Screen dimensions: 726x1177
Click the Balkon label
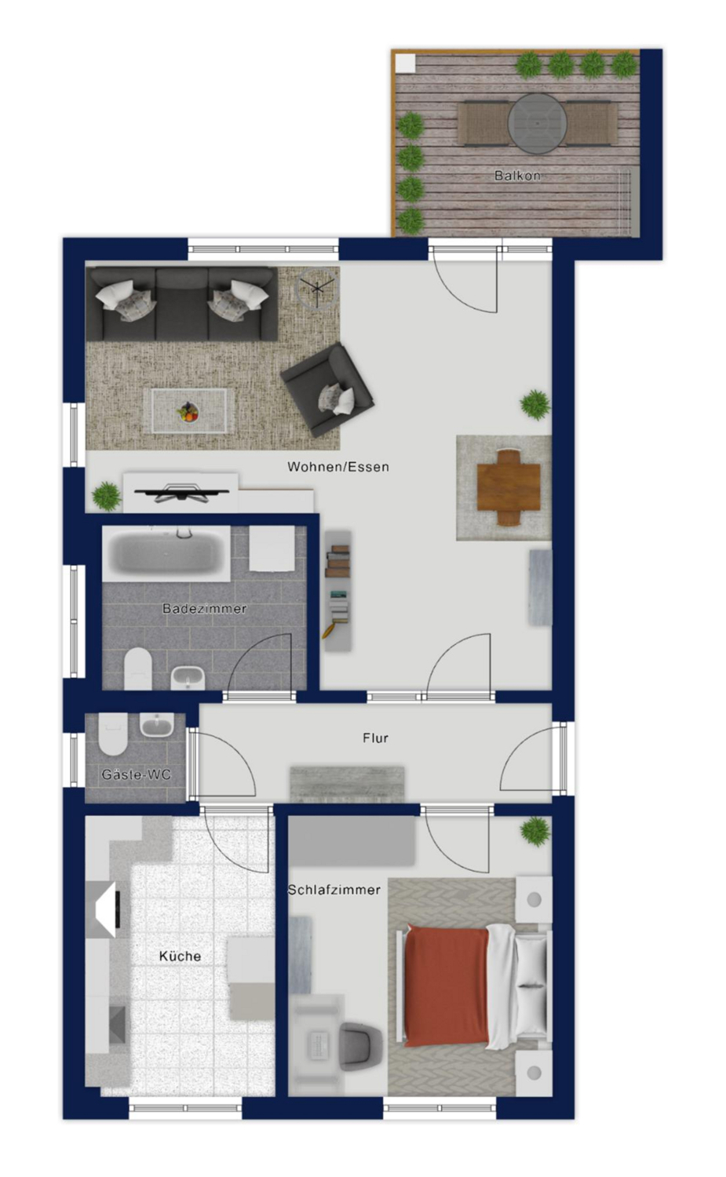coord(517,176)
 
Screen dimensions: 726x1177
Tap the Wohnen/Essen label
coord(338,467)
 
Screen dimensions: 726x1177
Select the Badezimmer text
coord(205,608)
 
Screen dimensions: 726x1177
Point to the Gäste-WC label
coord(136,774)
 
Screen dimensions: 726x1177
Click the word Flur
coord(375,738)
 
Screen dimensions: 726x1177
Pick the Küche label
coord(180,956)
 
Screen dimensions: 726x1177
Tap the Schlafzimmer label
coord(334,890)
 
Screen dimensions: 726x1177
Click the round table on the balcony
coord(537,123)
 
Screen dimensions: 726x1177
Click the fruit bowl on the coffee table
coord(188,411)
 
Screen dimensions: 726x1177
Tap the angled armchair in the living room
coord(327,389)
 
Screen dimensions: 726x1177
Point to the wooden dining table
coord(509,487)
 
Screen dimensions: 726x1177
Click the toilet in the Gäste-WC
coord(113,734)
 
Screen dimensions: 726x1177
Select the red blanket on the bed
coord(446,986)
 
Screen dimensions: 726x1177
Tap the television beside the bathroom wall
coord(181,492)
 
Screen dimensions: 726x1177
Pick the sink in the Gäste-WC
coord(157,725)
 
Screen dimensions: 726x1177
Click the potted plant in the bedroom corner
coord(535,831)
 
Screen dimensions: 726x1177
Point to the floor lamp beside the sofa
coord(316,287)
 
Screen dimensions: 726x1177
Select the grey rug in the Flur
coord(348,784)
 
